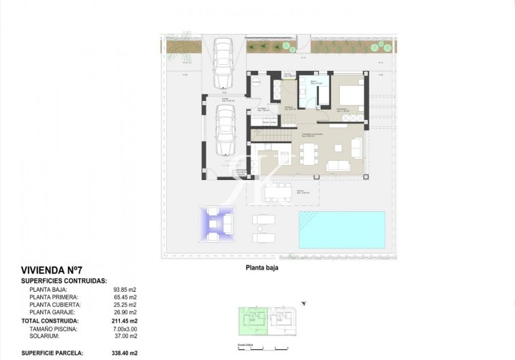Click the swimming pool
coord(341,229)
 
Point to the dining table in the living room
coord(308,155)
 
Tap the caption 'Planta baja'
coord(262,268)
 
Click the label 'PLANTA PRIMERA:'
coord(54,297)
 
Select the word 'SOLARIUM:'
coord(46,336)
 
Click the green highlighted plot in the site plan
coord(252,320)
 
